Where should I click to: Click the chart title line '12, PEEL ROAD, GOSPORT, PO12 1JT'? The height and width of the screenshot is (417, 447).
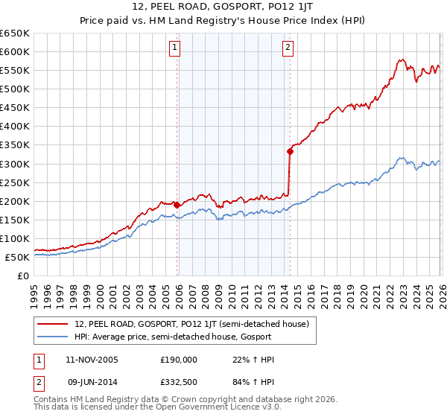[223, 8]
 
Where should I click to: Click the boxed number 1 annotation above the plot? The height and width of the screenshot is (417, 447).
[174, 48]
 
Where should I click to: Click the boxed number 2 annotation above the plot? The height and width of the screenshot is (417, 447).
[288, 48]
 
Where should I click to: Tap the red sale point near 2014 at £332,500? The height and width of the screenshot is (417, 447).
[290, 151]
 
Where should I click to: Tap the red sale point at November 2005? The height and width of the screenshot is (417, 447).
[177, 204]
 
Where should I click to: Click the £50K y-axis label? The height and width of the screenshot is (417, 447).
[17, 257]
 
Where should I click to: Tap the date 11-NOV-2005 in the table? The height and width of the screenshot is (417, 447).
[92, 360]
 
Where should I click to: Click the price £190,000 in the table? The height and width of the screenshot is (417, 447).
[179, 360]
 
